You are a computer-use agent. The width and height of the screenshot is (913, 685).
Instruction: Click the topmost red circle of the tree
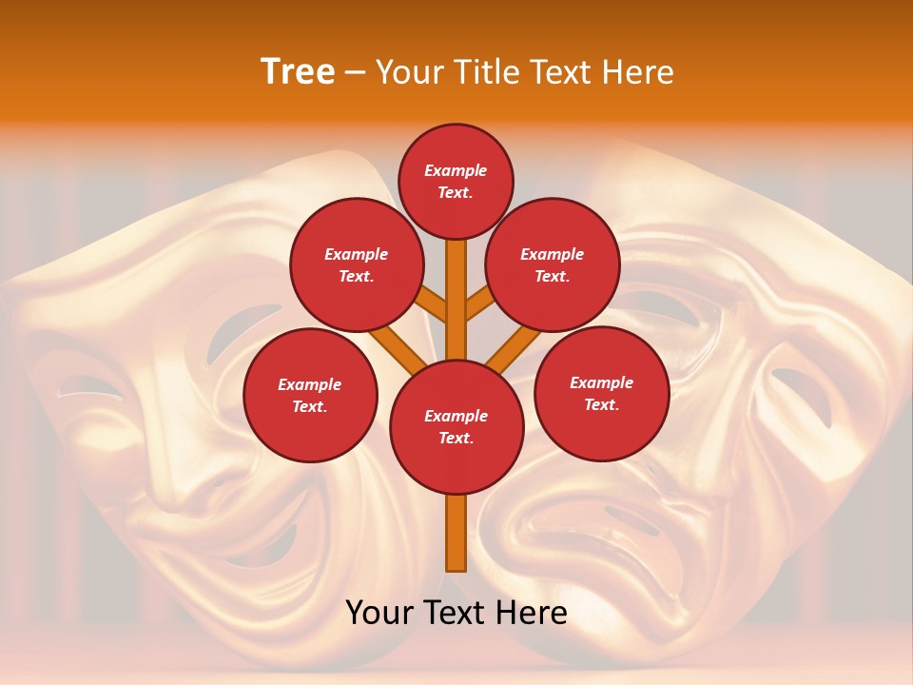tap(456, 181)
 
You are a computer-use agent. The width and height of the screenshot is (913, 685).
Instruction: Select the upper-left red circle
tap(356, 265)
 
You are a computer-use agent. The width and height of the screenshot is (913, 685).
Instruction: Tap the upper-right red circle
tap(553, 265)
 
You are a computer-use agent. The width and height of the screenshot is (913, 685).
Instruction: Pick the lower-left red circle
tap(310, 396)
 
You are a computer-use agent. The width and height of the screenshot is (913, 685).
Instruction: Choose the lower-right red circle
tap(601, 394)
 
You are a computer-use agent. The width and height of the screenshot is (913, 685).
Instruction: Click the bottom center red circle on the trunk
tap(456, 427)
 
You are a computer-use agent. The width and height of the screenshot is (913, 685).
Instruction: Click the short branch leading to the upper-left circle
tap(432, 304)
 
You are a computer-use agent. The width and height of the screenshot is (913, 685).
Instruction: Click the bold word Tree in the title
tap(298, 71)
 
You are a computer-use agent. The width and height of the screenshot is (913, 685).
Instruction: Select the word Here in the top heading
tap(637, 71)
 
